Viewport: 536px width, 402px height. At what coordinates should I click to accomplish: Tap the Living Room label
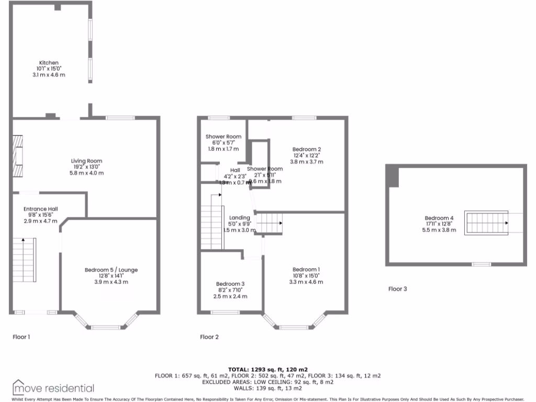[x=86, y=161]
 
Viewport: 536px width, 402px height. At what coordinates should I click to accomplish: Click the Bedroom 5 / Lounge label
[x=111, y=270]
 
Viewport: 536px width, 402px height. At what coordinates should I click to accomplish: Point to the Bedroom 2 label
[x=306, y=150]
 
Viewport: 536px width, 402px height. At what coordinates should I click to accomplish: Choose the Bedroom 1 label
[x=306, y=270]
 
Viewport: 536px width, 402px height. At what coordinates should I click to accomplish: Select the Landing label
[x=240, y=218]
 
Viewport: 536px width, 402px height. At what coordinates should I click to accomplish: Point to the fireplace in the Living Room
[x=18, y=157]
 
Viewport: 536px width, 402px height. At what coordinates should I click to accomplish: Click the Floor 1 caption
[x=21, y=337]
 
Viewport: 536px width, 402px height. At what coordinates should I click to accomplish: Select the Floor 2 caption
[x=209, y=337]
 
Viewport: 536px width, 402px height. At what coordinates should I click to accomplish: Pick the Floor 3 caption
[x=397, y=288]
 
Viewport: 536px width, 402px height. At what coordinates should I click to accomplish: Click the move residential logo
[x=53, y=388]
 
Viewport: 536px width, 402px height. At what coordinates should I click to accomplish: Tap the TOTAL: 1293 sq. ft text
[x=267, y=370]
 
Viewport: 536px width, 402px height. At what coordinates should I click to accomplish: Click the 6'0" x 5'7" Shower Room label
[x=223, y=137]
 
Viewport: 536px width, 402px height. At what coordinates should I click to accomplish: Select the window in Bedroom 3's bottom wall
[x=225, y=312]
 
